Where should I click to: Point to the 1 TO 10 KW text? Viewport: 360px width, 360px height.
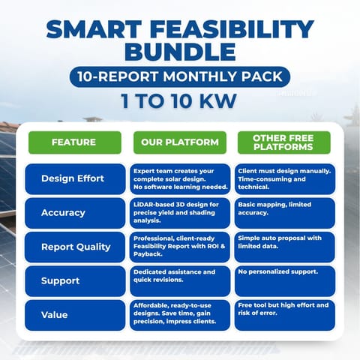pos(180,101)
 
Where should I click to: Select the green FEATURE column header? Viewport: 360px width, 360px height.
pos(74,142)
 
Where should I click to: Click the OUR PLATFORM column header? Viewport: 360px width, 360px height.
pos(179,142)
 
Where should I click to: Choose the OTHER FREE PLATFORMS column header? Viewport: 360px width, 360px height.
pos(283,142)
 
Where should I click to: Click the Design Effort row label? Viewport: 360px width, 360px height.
pos(74,179)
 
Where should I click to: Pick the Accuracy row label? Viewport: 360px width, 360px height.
pos(74,213)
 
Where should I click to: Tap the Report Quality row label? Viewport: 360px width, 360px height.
pos(74,247)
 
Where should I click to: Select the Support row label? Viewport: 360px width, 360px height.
pos(74,280)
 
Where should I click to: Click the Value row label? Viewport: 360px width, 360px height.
pos(74,315)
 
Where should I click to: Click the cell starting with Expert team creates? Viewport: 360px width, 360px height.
pos(179,179)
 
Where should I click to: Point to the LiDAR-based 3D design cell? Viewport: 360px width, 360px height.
pos(179,213)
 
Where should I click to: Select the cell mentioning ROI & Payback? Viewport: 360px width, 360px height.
pos(179,247)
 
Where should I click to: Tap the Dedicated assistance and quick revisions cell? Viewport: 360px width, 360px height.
pos(179,280)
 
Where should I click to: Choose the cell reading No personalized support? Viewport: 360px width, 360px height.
pos(283,280)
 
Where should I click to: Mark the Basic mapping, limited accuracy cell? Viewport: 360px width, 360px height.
pos(283,213)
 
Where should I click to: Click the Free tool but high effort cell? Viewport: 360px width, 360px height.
pos(283,315)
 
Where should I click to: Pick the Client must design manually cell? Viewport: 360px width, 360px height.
pos(283,179)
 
